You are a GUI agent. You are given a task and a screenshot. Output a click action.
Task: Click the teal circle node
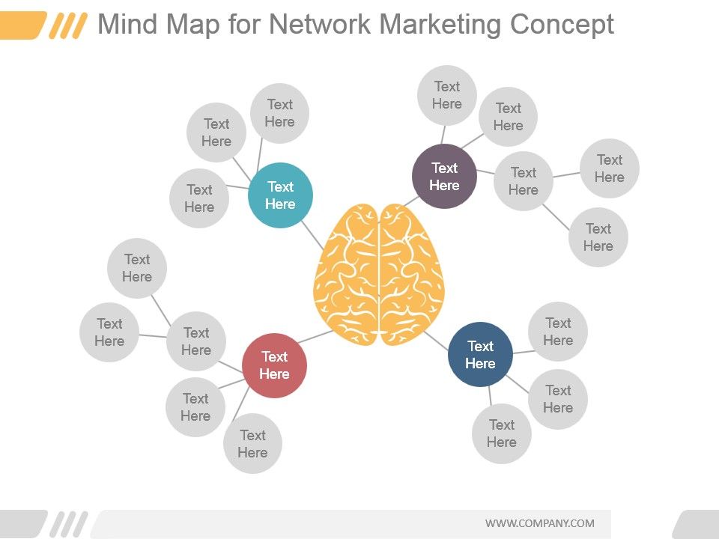(x=280, y=195)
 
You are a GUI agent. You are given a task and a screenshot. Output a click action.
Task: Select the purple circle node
(x=444, y=177)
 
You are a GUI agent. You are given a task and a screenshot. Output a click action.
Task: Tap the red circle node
(x=274, y=365)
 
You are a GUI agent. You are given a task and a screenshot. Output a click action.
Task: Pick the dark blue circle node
(x=480, y=354)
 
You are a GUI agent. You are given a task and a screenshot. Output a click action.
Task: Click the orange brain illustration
(x=379, y=274)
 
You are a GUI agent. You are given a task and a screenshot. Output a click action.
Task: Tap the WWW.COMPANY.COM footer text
(x=540, y=523)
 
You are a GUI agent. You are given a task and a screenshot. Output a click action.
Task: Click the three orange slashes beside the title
(x=68, y=25)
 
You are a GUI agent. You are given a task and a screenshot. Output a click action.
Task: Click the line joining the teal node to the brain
(x=313, y=236)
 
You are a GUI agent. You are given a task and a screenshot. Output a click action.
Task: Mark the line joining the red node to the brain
(x=315, y=337)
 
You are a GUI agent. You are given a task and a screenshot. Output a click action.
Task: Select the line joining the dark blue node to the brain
(x=436, y=341)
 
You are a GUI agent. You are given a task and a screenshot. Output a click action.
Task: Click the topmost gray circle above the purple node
(x=446, y=95)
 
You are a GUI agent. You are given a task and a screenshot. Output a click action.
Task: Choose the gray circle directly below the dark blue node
(x=502, y=433)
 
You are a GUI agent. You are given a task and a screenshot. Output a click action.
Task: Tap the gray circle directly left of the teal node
(x=199, y=198)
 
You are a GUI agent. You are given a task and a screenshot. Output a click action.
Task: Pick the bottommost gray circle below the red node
(x=252, y=443)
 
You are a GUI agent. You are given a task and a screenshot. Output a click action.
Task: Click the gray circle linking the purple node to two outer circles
(x=524, y=181)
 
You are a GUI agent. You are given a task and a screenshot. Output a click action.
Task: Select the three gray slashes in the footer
(x=69, y=524)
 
